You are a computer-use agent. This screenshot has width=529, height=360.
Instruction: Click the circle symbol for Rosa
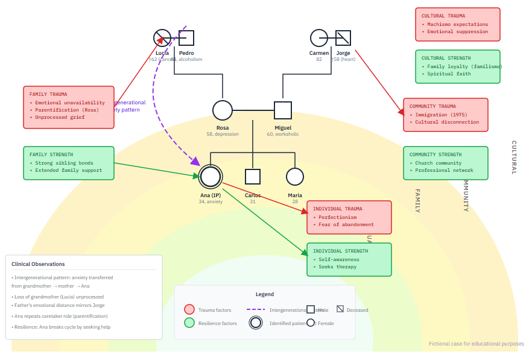223,110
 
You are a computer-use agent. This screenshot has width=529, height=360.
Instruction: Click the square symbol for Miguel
283,110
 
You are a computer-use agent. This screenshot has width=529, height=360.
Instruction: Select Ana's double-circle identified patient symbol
211,177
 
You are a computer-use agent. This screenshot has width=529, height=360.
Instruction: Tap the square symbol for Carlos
253,177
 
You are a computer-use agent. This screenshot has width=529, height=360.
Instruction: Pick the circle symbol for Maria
294,177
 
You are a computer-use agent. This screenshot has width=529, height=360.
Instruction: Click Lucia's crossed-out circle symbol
162,38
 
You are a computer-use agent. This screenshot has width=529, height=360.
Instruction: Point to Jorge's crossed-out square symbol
343,38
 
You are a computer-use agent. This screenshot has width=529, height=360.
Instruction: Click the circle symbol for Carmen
319,38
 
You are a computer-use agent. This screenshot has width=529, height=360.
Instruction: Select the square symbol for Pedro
186,38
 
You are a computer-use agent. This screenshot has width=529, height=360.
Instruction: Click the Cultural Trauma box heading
443,16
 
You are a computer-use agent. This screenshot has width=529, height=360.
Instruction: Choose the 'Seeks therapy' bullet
338,267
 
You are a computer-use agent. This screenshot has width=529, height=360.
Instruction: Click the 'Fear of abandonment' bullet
346,224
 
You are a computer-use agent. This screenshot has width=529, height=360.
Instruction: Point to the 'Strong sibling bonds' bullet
64,163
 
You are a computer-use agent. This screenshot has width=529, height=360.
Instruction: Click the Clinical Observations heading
38,264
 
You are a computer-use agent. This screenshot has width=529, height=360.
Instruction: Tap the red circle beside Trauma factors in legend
189,310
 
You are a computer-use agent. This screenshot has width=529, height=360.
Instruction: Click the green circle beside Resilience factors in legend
189,323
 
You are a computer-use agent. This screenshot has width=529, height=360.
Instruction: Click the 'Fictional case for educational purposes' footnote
477,344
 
